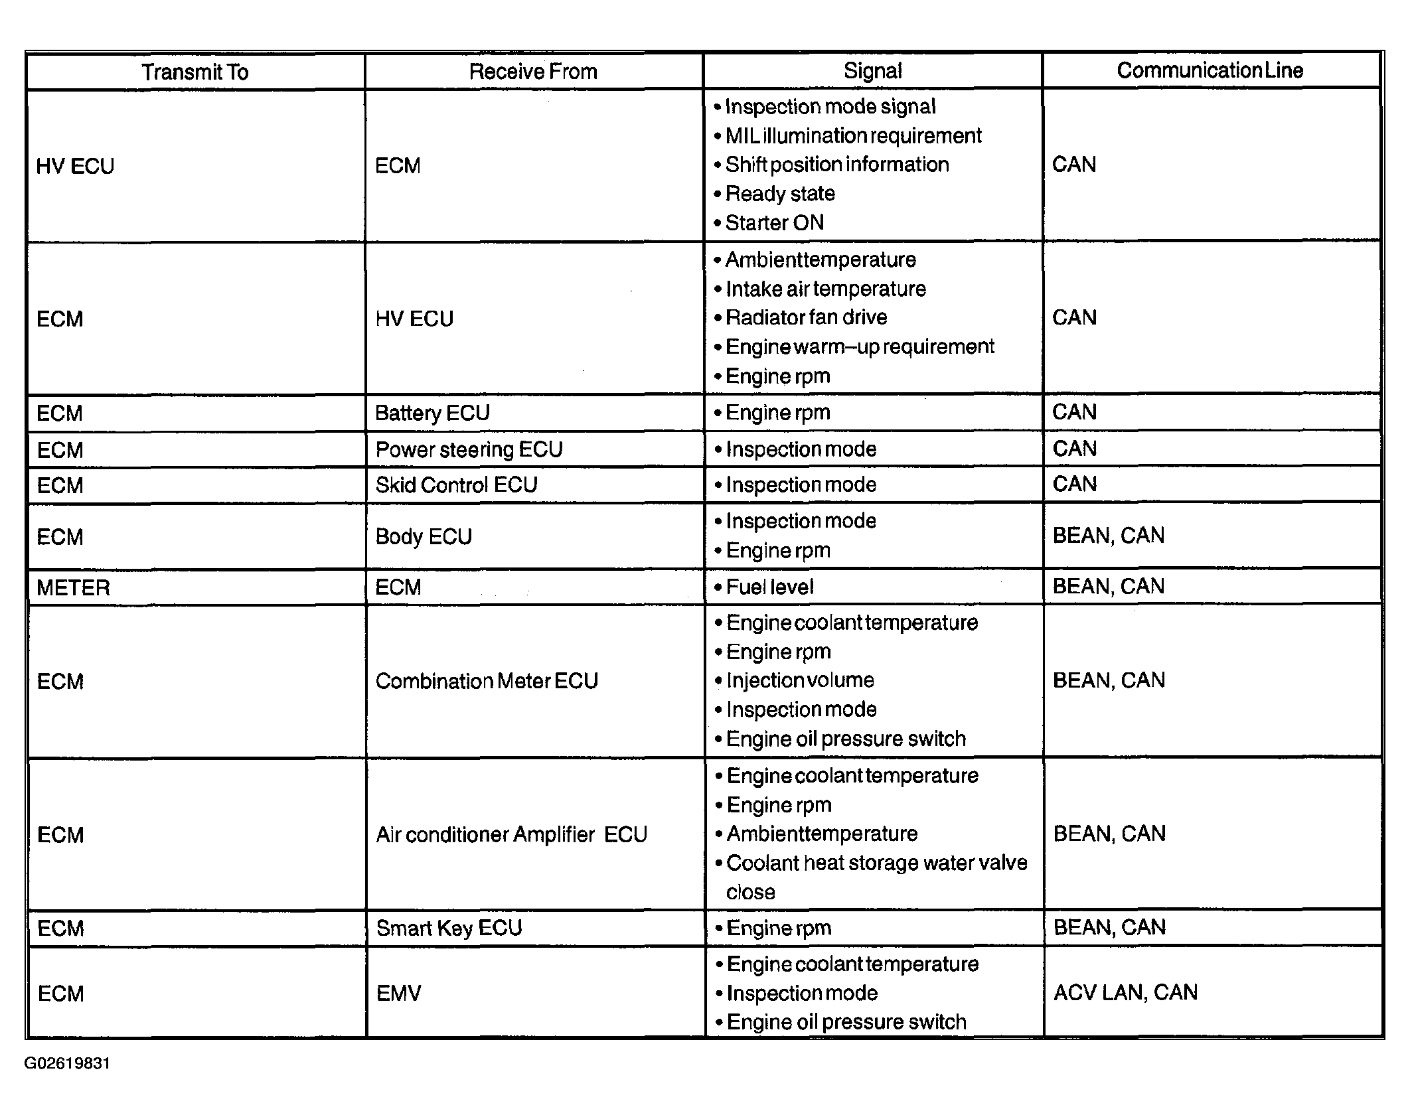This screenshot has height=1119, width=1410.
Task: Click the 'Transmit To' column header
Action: click(x=195, y=72)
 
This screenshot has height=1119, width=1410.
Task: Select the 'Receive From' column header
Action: click(x=533, y=72)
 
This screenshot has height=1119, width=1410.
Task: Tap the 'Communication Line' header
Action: click(x=1210, y=70)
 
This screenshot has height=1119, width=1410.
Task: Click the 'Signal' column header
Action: click(x=872, y=71)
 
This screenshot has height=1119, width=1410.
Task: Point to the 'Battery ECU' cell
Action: click(x=432, y=413)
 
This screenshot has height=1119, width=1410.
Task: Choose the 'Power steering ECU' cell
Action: click(x=469, y=449)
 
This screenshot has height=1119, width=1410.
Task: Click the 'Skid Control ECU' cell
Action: click(x=456, y=485)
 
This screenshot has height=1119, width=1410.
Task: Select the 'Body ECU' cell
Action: click(x=424, y=536)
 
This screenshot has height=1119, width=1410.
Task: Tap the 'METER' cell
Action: click(x=73, y=587)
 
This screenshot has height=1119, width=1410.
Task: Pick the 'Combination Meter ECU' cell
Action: click(x=487, y=681)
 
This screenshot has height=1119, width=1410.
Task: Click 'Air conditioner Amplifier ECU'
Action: click(x=511, y=834)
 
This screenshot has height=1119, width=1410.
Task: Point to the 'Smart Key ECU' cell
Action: click(x=449, y=928)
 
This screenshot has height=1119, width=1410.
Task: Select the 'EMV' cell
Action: click(x=398, y=993)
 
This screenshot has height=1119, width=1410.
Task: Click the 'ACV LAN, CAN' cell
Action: click(x=1125, y=992)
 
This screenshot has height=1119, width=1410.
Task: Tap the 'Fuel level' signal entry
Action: click(x=769, y=587)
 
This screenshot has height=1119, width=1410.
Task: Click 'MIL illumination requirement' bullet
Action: click(x=853, y=135)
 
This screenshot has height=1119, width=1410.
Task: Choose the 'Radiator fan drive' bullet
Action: click(x=806, y=317)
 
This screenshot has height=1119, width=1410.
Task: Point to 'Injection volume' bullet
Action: click(x=800, y=680)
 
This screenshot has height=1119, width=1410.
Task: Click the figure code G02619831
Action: click(x=67, y=1063)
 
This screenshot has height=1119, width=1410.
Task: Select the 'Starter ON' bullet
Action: click(x=774, y=222)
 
